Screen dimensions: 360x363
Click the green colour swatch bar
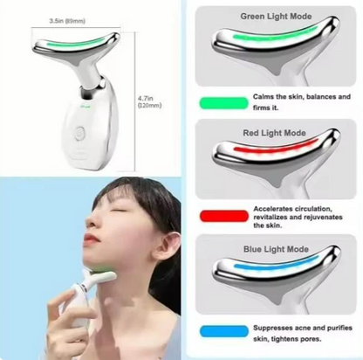222,101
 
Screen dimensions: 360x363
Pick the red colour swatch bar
222,215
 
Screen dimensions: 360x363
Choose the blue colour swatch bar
222,331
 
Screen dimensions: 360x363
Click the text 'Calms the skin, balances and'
301,96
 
